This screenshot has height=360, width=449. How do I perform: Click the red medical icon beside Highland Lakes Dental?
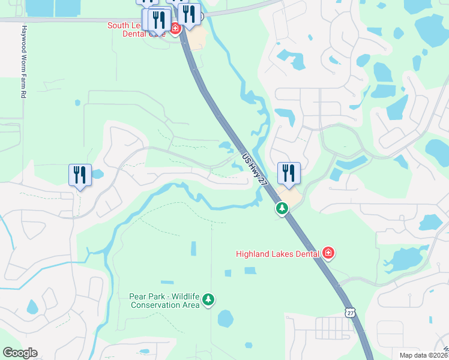(x=328, y=253)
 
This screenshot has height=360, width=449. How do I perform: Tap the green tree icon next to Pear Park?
(x=208, y=299)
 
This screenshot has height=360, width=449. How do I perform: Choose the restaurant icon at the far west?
(x=80, y=175)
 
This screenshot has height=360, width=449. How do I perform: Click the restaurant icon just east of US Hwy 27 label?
(x=289, y=173)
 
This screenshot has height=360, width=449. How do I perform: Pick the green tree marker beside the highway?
(x=282, y=208)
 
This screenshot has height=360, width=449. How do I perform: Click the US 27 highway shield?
(x=350, y=312)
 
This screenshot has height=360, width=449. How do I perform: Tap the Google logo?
(x=20, y=353)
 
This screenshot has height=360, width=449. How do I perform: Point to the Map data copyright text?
(x=424, y=355)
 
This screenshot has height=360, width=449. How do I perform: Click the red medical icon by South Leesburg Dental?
(x=175, y=28)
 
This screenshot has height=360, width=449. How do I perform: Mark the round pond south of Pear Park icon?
(x=226, y=319)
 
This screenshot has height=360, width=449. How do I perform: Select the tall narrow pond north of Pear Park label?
(x=193, y=248)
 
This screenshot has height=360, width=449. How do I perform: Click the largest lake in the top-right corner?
(x=432, y=30)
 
